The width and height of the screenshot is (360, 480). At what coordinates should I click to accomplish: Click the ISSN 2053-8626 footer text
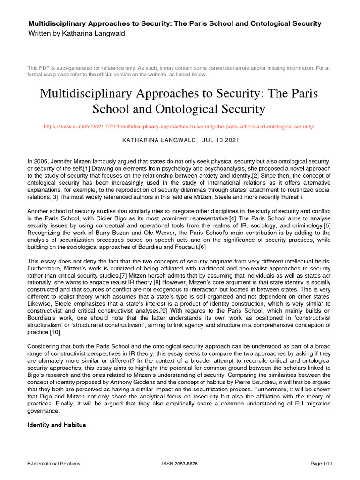(x=180, y=464)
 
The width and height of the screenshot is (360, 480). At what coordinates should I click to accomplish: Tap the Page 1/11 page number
(x=322, y=464)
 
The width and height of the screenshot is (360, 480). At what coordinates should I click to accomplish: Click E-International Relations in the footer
(x=54, y=464)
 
